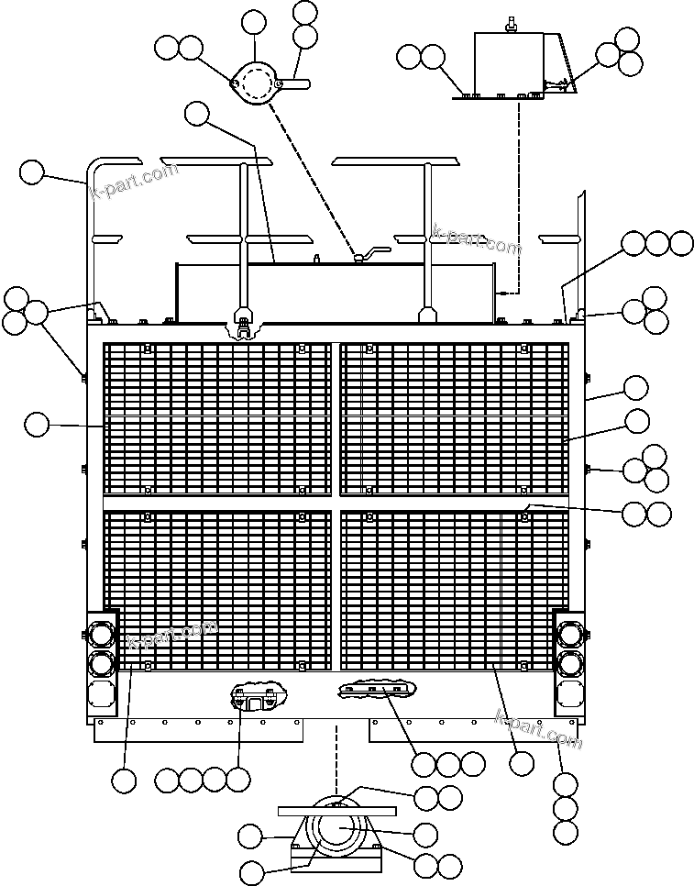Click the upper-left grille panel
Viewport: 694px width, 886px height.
216,418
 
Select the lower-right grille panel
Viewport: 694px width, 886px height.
455,592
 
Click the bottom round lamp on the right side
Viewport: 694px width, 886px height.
569,662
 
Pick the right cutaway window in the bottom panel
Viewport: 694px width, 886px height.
373,690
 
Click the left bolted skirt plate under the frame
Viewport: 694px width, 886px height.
199,729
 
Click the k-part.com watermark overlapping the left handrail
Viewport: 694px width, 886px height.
134,180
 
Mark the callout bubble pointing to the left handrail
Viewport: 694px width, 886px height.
32,172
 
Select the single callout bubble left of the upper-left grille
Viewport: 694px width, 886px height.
36,424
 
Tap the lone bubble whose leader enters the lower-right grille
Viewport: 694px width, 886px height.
521,763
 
